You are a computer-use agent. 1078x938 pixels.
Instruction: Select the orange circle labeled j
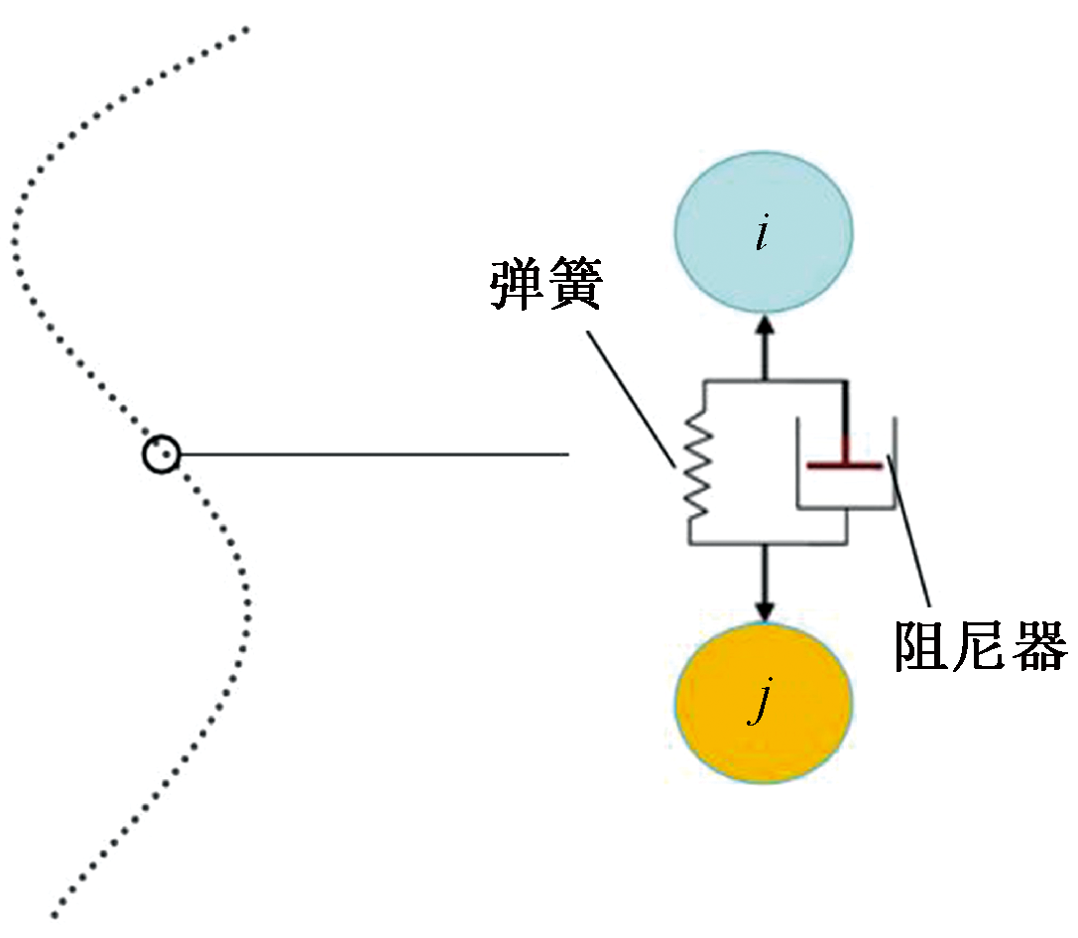pyautogui.click(x=763, y=706)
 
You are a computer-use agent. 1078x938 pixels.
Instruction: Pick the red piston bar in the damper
pyautogui.click(x=843, y=464)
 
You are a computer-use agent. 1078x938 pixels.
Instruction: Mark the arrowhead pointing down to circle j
pyautogui.click(x=764, y=608)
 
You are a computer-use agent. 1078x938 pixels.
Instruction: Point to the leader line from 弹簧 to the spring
pyautogui.click(x=631, y=397)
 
